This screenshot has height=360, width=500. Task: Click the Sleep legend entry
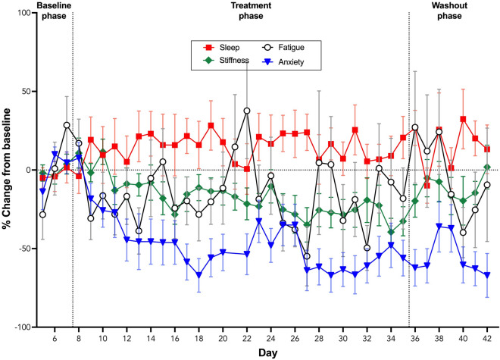click(224, 48)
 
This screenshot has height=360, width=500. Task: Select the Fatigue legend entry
click(293, 48)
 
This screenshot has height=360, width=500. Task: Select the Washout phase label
click(453, 10)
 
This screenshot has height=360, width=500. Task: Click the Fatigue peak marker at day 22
click(247, 111)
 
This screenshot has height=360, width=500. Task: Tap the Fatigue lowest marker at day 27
click(307, 256)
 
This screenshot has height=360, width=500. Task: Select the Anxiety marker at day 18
click(198, 275)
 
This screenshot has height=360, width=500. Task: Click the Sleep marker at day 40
click(463, 119)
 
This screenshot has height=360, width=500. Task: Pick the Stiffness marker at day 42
click(487, 167)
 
